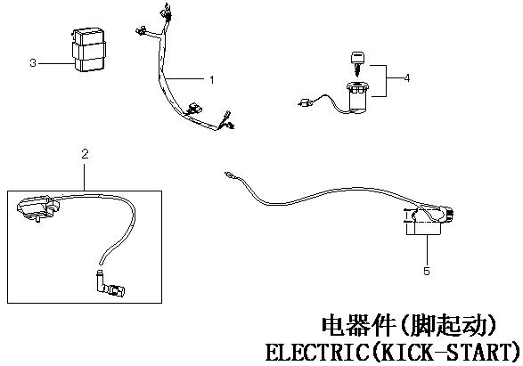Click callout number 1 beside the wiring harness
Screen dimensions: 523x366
(211, 79)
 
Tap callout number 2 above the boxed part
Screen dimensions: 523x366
(85, 154)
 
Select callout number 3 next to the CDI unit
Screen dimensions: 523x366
(33, 62)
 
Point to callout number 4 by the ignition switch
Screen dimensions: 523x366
(406, 78)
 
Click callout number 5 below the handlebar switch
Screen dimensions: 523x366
(427, 271)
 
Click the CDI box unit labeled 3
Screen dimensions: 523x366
(88, 50)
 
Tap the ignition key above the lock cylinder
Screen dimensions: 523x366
(358, 62)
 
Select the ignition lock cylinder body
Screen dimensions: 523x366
(357, 97)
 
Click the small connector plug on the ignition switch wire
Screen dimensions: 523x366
(305, 103)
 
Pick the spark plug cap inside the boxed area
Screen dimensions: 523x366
(110, 284)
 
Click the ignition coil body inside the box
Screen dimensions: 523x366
(37, 208)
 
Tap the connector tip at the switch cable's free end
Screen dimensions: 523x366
(228, 175)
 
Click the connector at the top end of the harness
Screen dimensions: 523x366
(166, 12)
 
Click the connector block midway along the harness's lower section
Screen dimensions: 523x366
(193, 109)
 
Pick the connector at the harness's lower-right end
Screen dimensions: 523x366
(227, 121)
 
